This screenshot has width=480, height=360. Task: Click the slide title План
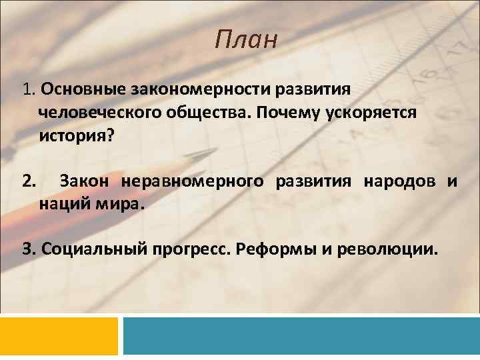pyautogui.click(x=245, y=40)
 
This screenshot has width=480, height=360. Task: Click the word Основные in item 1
pyautogui.click(x=86, y=89)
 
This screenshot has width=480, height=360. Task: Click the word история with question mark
pyautogui.click(x=77, y=136)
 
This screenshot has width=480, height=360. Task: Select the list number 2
pyautogui.click(x=28, y=181)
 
